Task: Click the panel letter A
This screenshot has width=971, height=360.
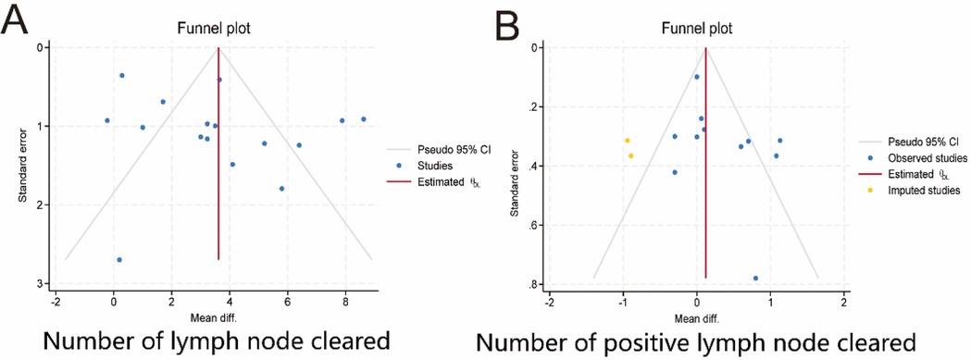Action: tap(16, 19)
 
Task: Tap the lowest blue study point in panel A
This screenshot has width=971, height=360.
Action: tap(119, 260)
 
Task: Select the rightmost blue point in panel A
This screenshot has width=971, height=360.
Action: tap(364, 119)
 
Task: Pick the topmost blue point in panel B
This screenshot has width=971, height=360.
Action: tap(697, 77)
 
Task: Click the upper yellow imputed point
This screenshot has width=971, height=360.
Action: tap(627, 141)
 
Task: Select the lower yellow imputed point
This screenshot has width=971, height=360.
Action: tap(631, 155)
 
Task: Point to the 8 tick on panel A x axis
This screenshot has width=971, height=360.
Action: tap(345, 300)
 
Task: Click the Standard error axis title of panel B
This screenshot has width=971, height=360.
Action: tap(516, 167)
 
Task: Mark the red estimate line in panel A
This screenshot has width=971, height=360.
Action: tap(218, 185)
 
